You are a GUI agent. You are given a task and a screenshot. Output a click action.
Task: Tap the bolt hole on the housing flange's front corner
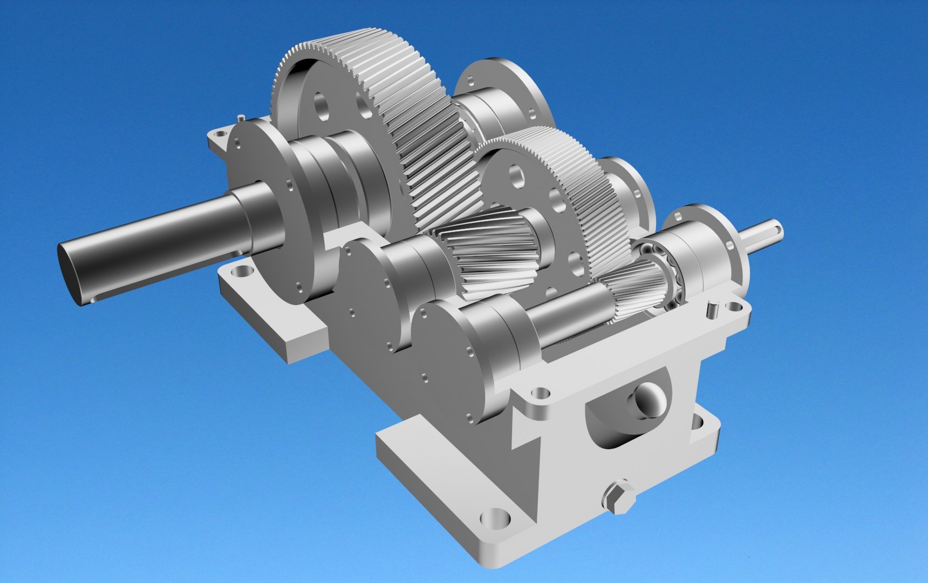[x=538, y=394]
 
